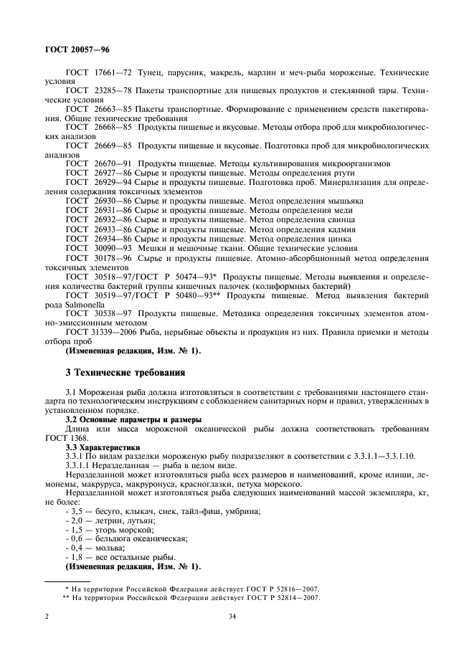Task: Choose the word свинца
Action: pyautogui.click(x=336, y=219)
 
